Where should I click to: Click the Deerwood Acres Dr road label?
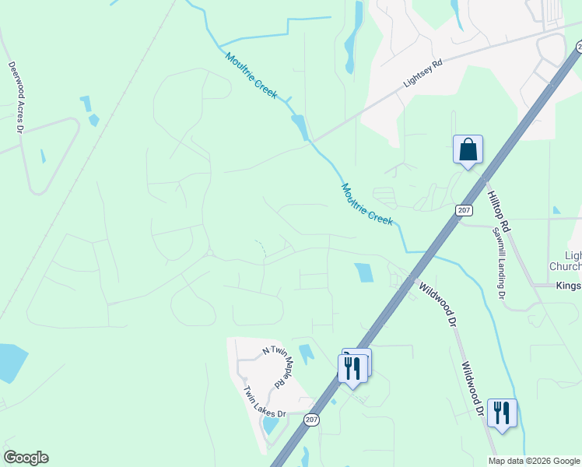pyautogui.click(x=14, y=97)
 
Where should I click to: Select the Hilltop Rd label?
pyautogui.click(x=498, y=211)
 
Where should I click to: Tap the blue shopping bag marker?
pyautogui.click(x=468, y=149)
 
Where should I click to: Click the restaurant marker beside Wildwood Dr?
pyautogui.click(x=502, y=413)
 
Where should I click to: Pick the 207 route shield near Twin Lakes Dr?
pyautogui.click(x=312, y=420)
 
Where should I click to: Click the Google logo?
pyautogui.click(x=26, y=458)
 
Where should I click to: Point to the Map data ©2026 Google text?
pyautogui.click(x=534, y=461)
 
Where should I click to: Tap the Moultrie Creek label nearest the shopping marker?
pyautogui.click(x=366, y=204)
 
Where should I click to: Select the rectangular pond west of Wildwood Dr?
pyautogui.click(x=363, y=272)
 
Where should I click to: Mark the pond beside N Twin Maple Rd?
pyautogui.click(x=306, y=353)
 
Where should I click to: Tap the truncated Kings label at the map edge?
pyautogui.click(x=569, y=286)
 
